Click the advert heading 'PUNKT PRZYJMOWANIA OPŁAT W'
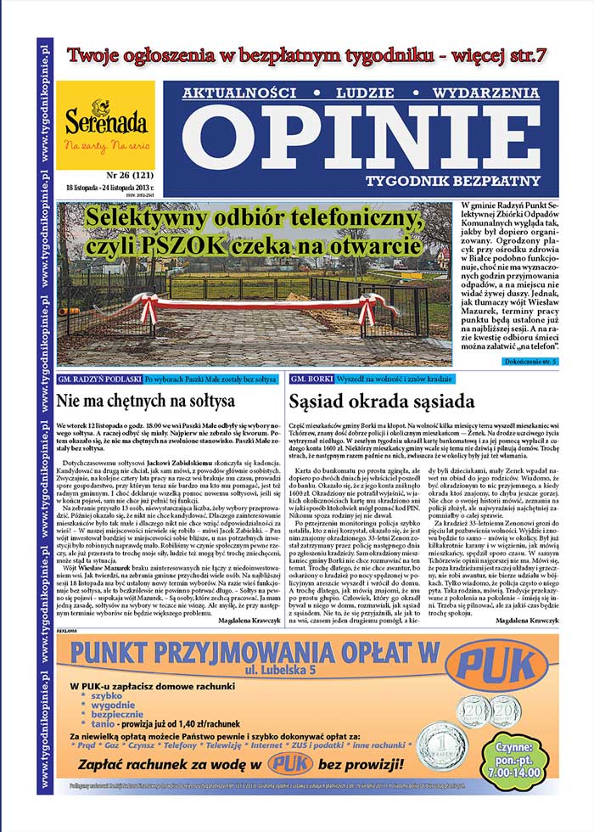coord(255,652)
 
